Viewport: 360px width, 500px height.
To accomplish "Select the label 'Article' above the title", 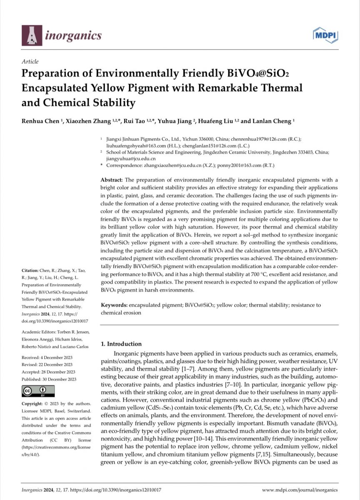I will tap(30, 61).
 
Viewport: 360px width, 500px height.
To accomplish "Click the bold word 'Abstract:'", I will tap(112, 180).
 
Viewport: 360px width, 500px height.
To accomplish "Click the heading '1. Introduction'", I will tap(122, 344).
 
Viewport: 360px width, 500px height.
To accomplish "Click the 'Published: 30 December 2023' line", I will tap(49, 379).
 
